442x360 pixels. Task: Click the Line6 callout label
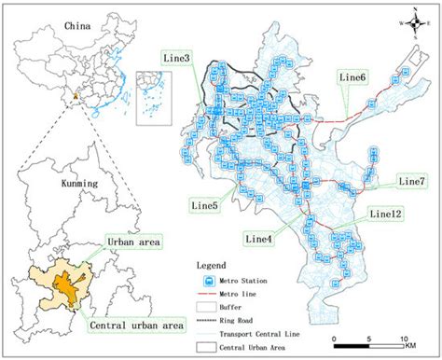point(352,76)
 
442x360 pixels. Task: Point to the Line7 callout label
point(411,180)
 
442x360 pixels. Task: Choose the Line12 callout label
point(385,214)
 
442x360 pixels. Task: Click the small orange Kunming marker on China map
point(74,95)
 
